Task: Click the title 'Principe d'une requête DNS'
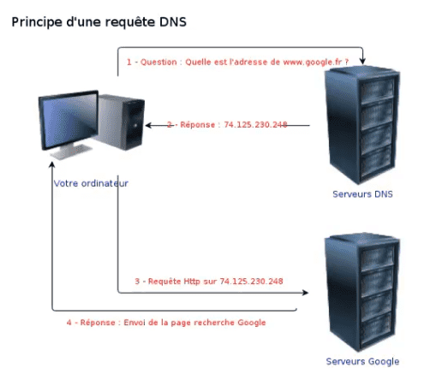pos(99,22)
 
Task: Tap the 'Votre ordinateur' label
pos(91,183)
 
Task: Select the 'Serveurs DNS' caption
pos(362,194)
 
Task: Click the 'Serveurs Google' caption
pos(362,361)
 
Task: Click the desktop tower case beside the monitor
pos(122,122)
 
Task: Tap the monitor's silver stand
pos(71,151)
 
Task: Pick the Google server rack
pos(362,292)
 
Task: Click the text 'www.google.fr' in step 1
pos(313,62)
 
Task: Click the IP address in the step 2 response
pos(255,125)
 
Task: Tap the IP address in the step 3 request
pos(251,282)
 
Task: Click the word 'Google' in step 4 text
pos(252,323)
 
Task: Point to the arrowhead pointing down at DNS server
pos(362,61)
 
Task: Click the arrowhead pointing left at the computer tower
pos(149,125)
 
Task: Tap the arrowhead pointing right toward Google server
pos(305,293)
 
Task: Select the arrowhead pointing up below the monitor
pos(52,165)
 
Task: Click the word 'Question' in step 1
pos(158,62)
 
